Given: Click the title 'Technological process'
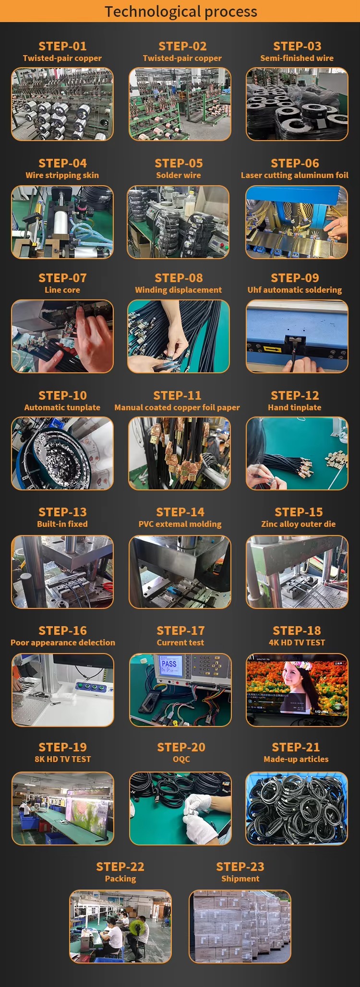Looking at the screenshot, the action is pos(181,12).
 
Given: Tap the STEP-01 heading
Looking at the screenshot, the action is pos(62,46).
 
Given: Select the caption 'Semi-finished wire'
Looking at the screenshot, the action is pos(297,58).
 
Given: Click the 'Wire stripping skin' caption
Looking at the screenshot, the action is pos(62,175).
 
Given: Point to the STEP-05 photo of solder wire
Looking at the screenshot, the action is pos(178,222).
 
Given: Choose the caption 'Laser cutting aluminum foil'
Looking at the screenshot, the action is pos(295,175).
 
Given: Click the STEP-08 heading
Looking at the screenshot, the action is pos(179,278).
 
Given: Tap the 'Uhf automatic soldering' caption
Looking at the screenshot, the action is pos(295,290).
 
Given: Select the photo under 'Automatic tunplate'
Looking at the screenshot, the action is pos(62,453).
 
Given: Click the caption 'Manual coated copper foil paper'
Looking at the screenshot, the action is pos(177,407).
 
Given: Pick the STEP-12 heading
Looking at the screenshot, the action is pos(295,395).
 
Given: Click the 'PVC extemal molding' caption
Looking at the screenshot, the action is pos(180,524).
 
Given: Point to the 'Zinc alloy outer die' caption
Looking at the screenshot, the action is pos(299,524).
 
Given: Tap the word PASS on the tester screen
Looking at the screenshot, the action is pos(169,664).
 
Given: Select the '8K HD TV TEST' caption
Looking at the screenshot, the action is pos(62,759).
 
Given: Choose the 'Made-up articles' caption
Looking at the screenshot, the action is pos(296,759).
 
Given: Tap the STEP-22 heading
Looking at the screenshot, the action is pos(120,867).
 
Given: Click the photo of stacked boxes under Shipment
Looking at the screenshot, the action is pos(240,927).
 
